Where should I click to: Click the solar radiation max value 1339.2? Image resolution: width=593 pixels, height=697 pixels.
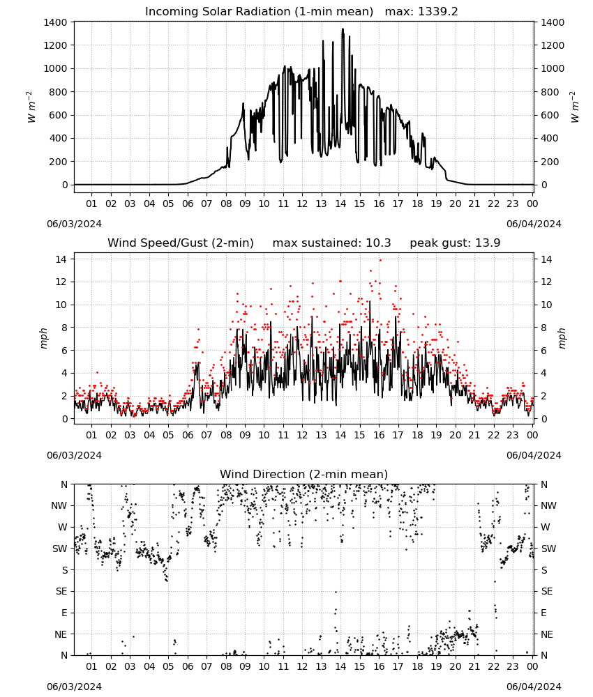(437, 12)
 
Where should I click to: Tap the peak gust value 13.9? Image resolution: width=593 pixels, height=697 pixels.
(487, 243)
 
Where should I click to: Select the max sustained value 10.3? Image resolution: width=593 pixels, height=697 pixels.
(378, 243)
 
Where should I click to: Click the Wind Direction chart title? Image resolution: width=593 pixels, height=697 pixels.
(304, 474)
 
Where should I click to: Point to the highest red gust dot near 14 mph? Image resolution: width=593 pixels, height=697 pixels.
(380, 261)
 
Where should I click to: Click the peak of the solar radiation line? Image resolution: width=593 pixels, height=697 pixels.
(343, 29)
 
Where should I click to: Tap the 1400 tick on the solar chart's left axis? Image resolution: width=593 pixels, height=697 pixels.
(56, 22)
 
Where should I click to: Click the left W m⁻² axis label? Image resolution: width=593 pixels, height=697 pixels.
(31, 107)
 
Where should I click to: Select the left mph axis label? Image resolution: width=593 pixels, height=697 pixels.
(43, 338)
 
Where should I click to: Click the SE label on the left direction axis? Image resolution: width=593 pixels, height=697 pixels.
(62, 591)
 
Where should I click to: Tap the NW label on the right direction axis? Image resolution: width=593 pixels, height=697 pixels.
(548, 505)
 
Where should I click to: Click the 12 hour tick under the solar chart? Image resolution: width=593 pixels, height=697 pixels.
(302, 204)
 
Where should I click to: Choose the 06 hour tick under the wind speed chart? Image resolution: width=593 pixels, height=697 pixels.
(188, 435)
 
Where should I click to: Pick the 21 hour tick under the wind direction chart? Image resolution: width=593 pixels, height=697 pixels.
(474, 666)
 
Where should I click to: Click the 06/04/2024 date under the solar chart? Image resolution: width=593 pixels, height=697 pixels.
(534, 224)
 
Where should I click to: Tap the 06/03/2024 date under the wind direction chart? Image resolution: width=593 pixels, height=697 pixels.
(74, 687)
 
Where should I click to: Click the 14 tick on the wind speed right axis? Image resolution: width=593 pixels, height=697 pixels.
(546, 259)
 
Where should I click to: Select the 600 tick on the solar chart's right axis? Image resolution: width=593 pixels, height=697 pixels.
(550, 115)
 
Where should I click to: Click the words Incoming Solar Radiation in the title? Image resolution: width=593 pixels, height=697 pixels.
(218, 12)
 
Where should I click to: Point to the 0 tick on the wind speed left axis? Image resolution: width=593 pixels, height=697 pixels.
(65, 419)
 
